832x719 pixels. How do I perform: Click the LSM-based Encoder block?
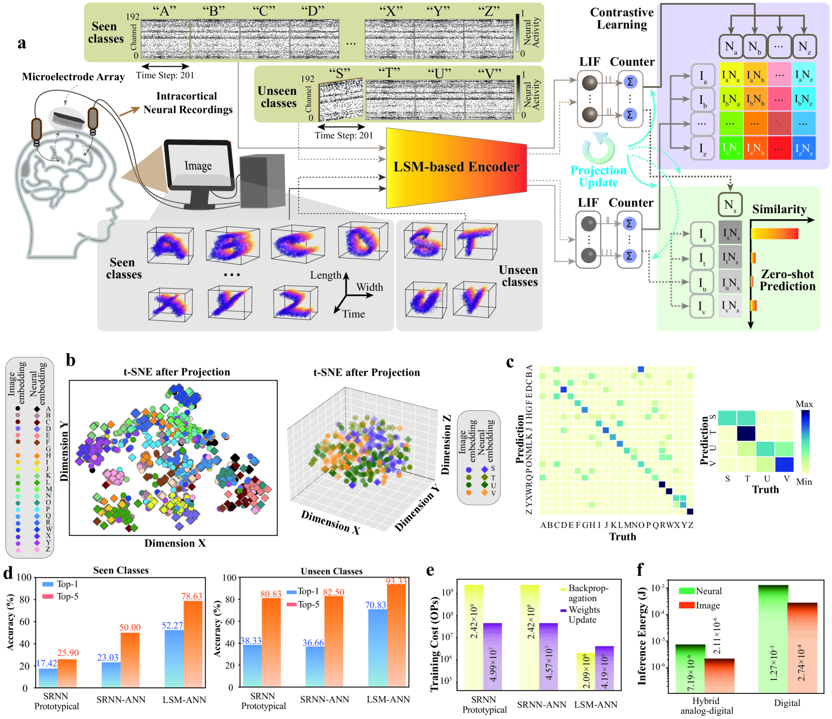tap(456, 167)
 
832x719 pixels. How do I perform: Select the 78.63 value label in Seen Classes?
tap(191, 596)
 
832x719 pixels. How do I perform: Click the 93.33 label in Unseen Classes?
tap(396, 581)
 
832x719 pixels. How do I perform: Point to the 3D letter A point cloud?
tap(170, 246)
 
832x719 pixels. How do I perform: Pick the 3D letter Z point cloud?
tap(295, 303)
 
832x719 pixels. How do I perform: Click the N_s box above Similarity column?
tap(730, 205)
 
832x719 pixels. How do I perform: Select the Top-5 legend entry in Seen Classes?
tap(61, 596)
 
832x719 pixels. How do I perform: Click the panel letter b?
tap(71, 360)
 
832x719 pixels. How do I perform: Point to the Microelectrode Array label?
tap(73, 77)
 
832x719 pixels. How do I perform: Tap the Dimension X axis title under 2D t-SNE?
tap(175, 543)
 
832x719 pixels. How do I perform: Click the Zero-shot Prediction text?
tap(787, 280)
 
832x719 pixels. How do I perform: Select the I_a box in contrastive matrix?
tap(703, 76)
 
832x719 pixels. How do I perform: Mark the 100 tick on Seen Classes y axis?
tap(24, 578)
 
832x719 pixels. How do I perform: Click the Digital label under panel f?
tap(786, 703)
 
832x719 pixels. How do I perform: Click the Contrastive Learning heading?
tap(622, 19)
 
